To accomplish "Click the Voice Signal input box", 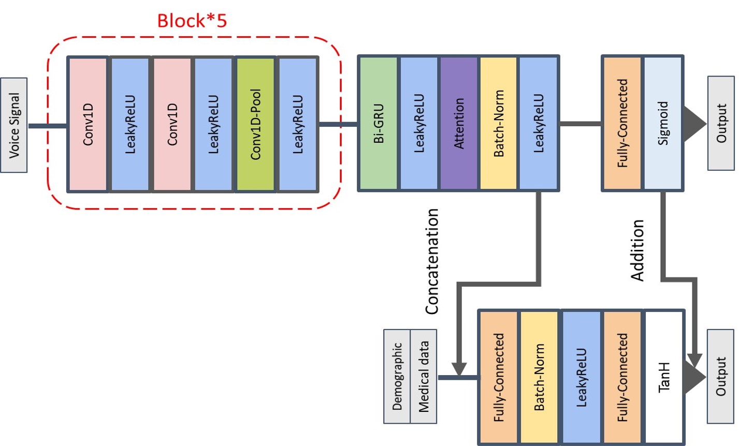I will click(14, 125).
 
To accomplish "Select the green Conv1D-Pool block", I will click(255, 124).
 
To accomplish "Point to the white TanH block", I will click(664, 377).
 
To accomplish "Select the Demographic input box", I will click(397, 376).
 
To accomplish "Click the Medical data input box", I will click(424, 376).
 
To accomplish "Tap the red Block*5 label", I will click(192, 21).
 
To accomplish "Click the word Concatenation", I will click(432, 261).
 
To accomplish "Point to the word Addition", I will click(637, 250).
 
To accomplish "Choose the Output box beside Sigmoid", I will click(721, 124).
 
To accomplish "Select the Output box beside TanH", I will click(721, 376).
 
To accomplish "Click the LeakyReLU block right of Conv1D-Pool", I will click(298, 124).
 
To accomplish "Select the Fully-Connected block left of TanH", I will click(622, 377).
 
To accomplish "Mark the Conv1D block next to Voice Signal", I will click(88, 124).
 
